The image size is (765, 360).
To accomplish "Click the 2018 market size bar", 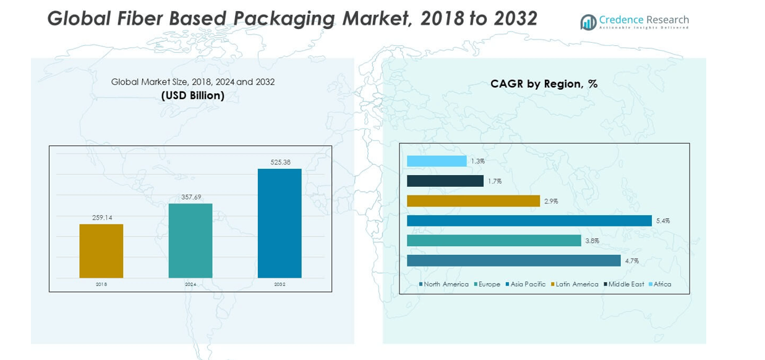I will coord(101,251).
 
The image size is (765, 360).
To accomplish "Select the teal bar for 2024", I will coord(190,241).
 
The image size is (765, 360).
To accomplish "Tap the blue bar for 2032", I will coord(280,223).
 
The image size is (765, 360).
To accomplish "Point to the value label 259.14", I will coord(101,218).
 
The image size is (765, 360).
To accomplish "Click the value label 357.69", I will coord(190,197).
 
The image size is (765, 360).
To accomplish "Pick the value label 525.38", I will coord(280,162).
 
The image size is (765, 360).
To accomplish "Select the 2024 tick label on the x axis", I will coord(190,285).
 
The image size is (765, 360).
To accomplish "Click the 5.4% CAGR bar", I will coord(529,221).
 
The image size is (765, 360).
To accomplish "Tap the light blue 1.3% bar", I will coord(437,161).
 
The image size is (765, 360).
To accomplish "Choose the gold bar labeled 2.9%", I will coord(473,201).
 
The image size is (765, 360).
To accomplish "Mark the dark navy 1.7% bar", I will coord(445,181).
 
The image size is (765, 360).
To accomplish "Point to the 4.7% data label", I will coord(631,261).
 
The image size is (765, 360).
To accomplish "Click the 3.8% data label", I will coord(592,241).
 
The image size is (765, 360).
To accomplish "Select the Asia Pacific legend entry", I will coord(526,285).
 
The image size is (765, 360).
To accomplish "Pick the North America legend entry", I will coord(443,285).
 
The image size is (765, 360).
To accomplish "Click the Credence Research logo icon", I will coord(588,22).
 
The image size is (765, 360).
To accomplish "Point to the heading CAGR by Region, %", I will coord(544,84).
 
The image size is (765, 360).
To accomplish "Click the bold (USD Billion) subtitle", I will coord(192,96).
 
